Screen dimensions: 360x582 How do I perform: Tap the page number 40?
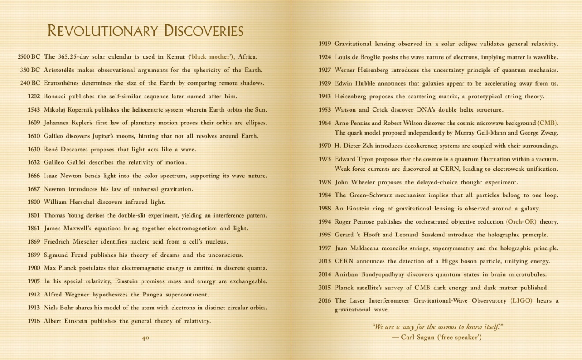point(145,338)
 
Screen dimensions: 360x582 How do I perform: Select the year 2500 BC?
point(29,57)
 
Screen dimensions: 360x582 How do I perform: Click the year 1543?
point(34,110)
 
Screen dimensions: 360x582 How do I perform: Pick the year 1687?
point(34,189)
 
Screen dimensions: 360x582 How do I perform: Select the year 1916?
point(34,321)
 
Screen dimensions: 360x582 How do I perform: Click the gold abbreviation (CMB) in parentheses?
point(548,123)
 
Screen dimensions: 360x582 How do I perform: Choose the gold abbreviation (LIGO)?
point(521,301)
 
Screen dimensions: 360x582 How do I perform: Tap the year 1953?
point(325,110)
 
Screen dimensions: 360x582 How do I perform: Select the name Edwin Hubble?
point(355,83)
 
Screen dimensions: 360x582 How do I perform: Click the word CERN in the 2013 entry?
point(344,261)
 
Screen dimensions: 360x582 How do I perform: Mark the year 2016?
point(325,301)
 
